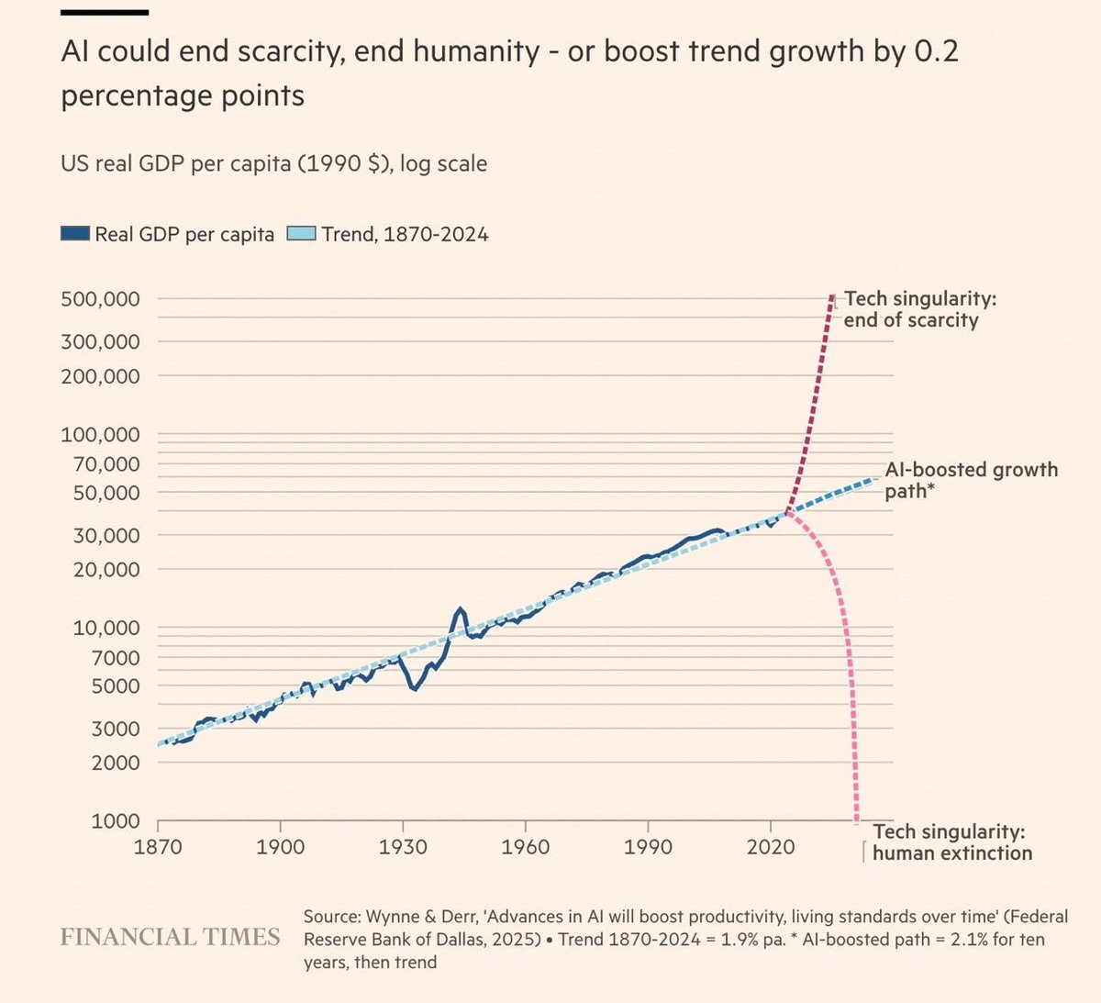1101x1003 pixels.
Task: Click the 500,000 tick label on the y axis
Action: coord(101,299)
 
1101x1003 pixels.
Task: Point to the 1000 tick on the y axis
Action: coord(116,821)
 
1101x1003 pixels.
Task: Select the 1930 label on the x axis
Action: coord(403,845)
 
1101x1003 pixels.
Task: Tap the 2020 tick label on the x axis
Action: coord(771,845)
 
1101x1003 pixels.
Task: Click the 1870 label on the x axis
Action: coord(158,845)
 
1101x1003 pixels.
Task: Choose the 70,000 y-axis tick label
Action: coord(101,464)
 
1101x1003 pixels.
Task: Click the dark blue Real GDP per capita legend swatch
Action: coord(75,234)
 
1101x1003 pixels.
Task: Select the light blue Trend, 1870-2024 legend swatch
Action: coord(302,234)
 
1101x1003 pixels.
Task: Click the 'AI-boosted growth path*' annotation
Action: coord(971,480)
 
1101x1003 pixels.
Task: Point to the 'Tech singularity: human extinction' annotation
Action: coord(951,842)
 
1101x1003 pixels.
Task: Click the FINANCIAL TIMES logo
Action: coord(170,937)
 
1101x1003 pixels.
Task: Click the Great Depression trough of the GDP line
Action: coord(415,688)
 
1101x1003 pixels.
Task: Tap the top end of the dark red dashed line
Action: coord(831,296)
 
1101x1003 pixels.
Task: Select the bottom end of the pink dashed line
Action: coord(857,819)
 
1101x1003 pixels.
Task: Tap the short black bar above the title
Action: coord(105,12)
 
